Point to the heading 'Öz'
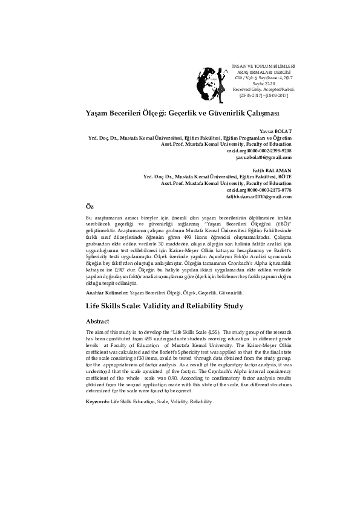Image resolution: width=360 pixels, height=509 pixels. (x=90, y=207)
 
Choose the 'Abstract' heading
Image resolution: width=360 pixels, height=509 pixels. (x=98, y=322)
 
